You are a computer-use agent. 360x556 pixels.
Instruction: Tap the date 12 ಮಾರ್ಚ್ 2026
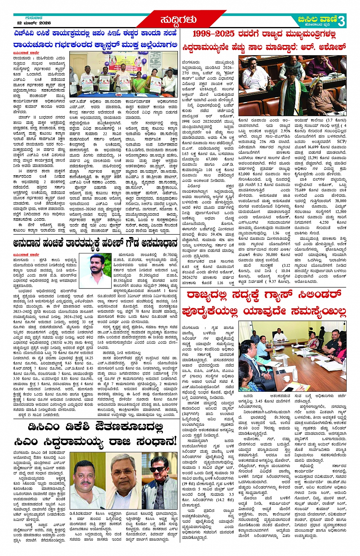click(x=34, y=23)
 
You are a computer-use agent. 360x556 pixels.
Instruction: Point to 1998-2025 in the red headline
click(x=213, y=34)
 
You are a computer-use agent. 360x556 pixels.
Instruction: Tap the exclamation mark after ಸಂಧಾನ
click(x=174, y=441)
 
